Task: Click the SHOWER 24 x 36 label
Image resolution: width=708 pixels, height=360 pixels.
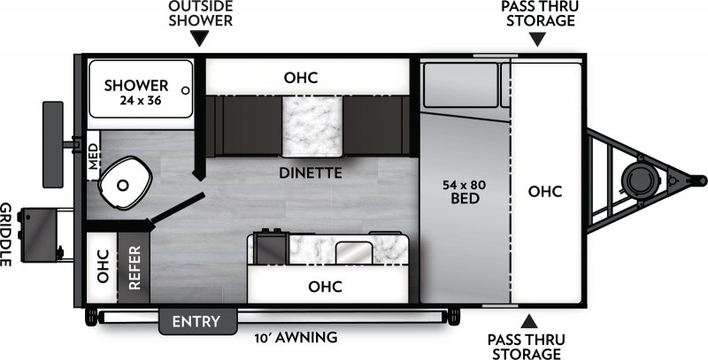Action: [x=136, y=92]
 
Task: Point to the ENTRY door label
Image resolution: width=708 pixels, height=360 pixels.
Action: [x=197, y=320]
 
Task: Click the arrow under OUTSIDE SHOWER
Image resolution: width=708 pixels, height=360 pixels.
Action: [x=200, y=38]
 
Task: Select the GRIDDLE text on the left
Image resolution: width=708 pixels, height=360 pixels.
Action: [x=7, y=234]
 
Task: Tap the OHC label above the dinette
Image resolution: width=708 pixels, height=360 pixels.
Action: [x=301, y=78]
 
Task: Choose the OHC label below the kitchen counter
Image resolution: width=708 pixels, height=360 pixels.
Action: [x=325, y=286]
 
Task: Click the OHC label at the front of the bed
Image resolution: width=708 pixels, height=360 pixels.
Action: [x=545, y=191]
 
